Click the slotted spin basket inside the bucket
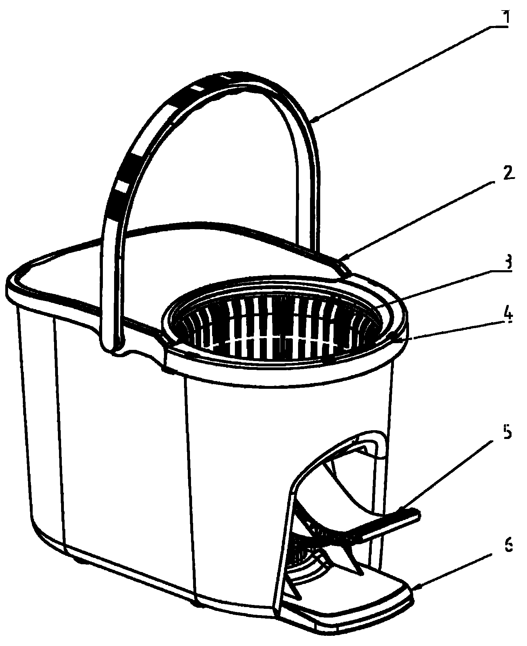277,321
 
